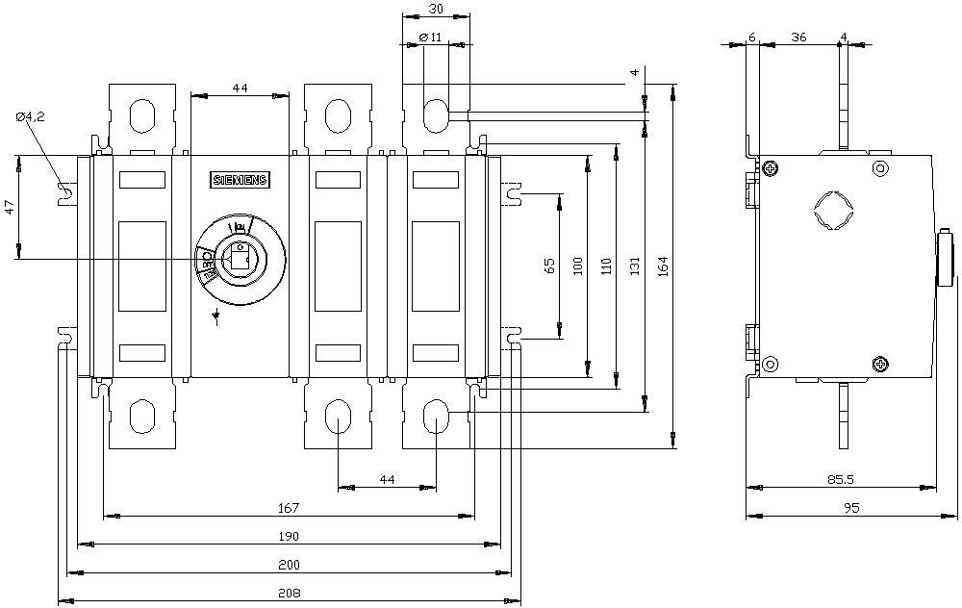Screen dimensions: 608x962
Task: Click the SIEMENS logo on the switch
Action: [x=240, y=181]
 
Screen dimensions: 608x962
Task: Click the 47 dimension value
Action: [x=9, y=209]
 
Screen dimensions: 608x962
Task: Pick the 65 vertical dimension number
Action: [x=550, y=266]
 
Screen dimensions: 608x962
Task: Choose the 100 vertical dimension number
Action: [x=577, y=266]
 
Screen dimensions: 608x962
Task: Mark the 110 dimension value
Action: [x=605, y=266]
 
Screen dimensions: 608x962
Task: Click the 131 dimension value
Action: [x=636, y=266]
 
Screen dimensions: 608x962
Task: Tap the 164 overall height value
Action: [x=665, y=266]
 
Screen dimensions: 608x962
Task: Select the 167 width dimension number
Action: [x=288, y=508]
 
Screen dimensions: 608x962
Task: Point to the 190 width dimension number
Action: [x=288, y=536]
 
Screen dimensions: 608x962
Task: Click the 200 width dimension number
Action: [x=288, y=564]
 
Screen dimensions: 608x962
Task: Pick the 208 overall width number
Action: [x=288, y=593]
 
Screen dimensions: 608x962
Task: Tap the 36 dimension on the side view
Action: [x=798, y=37]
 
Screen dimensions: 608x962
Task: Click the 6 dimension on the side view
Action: [x=752, y=37]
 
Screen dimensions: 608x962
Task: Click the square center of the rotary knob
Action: [x=237, y=257]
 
